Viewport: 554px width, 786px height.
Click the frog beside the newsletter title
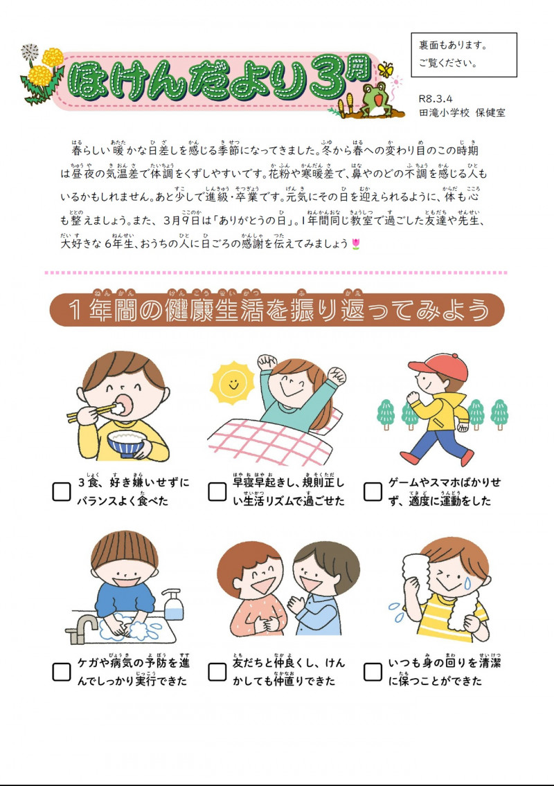pos(375,98)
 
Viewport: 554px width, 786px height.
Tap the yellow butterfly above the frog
pos(385,69)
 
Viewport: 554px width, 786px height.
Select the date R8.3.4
pos(436,99)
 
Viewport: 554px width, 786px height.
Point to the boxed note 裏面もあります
pos(463,54)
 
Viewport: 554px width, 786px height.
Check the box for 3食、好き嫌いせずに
pos(62,491)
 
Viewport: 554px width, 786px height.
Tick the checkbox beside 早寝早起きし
pos(217,491)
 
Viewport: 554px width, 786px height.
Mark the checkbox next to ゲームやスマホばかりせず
pos(373,491)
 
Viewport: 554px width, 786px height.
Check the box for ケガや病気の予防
pos(62,671)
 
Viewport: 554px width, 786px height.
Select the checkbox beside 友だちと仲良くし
pos(217,671)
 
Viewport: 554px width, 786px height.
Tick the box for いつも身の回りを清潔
pos(373,671)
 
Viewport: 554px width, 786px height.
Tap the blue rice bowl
pos(127,443)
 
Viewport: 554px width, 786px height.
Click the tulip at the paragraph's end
pos(356,244)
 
